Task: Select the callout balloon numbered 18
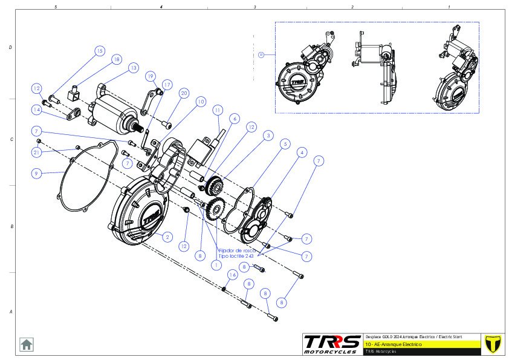[x=116, y=59]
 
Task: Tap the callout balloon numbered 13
[x=132, y=68]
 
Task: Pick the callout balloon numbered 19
[x=151, y=76]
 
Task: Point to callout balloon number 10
[x=200, y=102]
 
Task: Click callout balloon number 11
[x=217, y=110]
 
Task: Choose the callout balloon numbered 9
[x=37, y=173]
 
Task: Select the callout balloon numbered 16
[x=232, y=275]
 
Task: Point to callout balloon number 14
[x=37, y=110]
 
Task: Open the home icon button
[x=27, y=344]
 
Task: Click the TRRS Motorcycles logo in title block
[x=332, y=344]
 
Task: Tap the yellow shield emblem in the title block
[x=493, y=343]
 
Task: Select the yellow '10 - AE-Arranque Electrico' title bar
[x=423, y=344]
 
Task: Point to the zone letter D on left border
[x=10, y=47]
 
